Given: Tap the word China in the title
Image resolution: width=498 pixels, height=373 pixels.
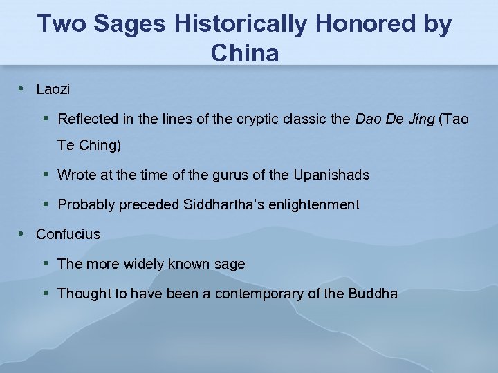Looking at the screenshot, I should pos(247,53).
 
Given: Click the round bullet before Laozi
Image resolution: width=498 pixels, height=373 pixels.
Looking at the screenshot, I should pos(23,89).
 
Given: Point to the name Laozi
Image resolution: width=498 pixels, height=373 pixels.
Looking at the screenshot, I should pos(53,90).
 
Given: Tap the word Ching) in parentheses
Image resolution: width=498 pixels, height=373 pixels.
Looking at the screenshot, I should pos(100,146).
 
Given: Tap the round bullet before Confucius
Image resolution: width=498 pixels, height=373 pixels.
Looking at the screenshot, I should pos(23,233).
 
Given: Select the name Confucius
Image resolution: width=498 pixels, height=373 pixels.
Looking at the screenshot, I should pos(68,234).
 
